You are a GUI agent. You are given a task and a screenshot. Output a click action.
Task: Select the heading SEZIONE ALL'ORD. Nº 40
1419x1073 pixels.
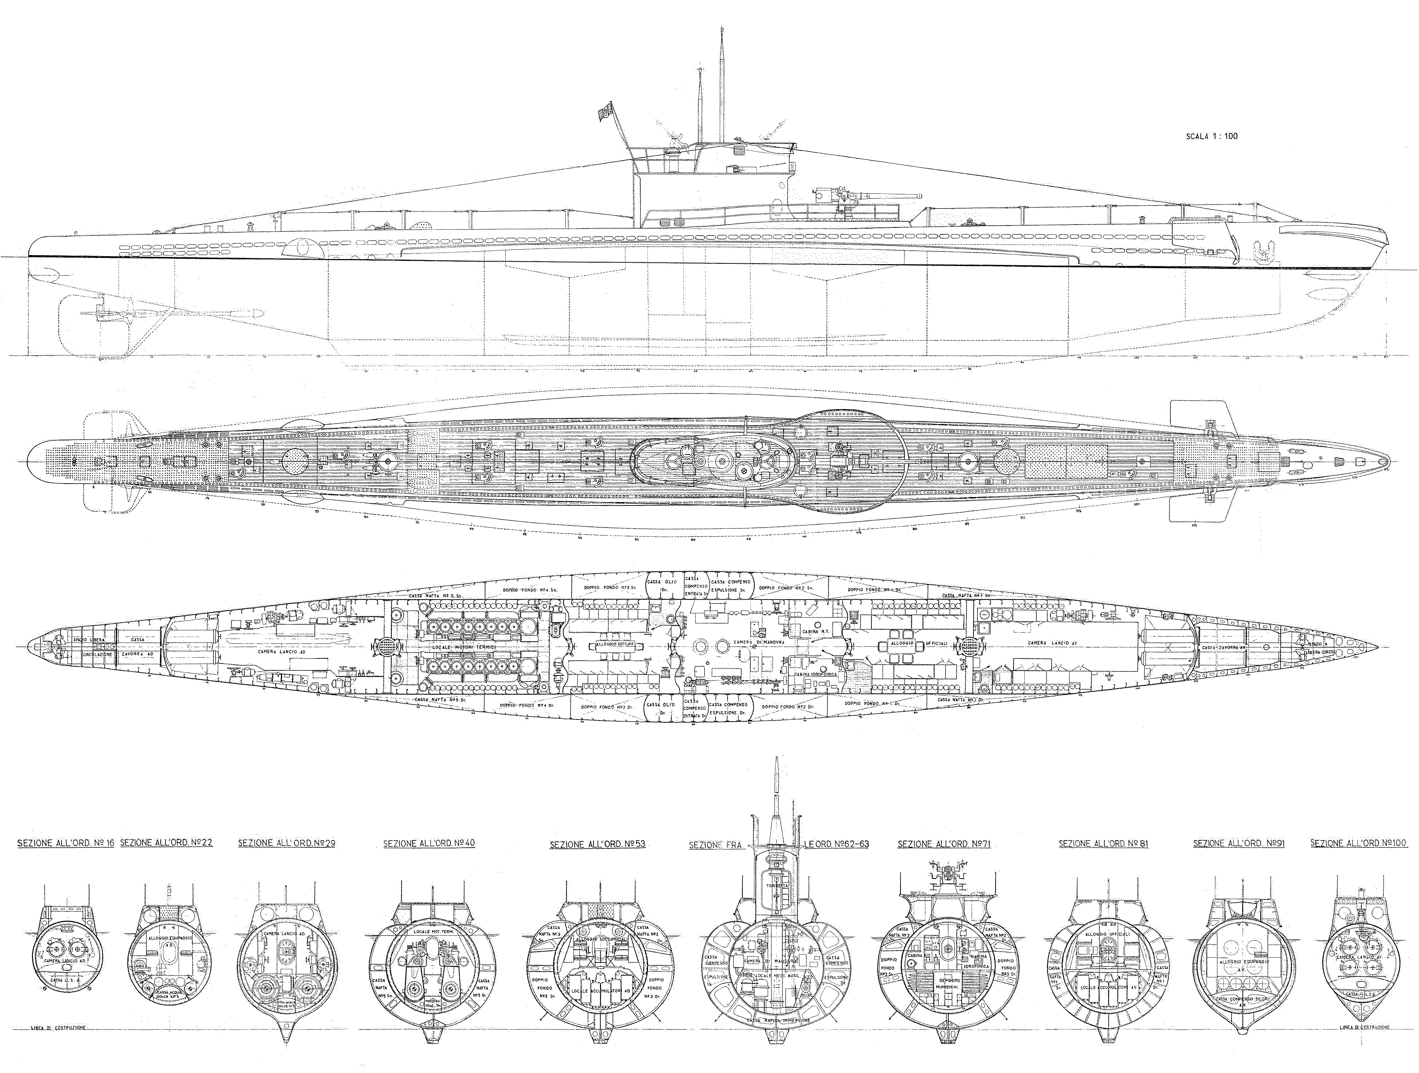428,843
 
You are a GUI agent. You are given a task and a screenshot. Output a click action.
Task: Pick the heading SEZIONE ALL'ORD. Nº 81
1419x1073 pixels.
1103,843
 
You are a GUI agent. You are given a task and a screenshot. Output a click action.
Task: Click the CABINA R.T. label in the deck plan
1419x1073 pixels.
815,632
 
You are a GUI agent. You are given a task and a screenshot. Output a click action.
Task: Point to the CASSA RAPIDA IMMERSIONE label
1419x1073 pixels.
778,1020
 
